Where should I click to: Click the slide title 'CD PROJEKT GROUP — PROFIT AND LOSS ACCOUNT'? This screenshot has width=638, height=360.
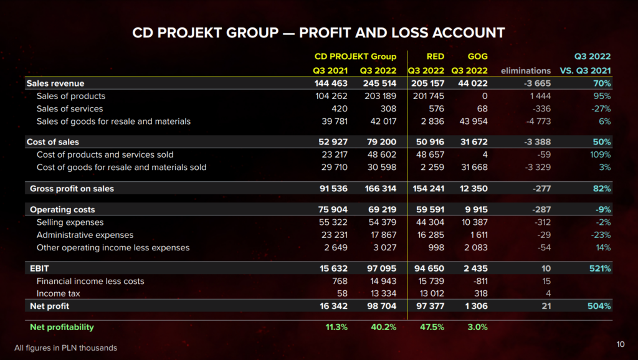[318, 32]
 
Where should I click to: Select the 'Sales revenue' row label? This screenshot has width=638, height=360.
[55, 83]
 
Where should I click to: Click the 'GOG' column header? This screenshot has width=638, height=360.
[477, 57]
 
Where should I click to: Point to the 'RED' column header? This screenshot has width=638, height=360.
[435, 57]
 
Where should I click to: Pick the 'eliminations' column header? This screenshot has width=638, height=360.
[525, 70]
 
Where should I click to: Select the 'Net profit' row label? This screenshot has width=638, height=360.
[50, 306]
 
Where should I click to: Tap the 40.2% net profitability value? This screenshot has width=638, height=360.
[383, 327]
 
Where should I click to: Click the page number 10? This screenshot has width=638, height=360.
[620, 344]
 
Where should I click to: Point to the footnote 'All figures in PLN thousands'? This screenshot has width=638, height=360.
[65, 348]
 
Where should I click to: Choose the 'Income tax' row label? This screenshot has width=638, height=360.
[59, 293]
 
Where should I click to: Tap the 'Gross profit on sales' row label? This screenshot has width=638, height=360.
[72, 188]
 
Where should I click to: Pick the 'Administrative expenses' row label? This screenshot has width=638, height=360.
[85, 235]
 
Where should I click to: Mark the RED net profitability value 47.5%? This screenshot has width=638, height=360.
[432, 327]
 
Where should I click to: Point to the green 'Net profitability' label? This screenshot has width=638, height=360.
[62, 327]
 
